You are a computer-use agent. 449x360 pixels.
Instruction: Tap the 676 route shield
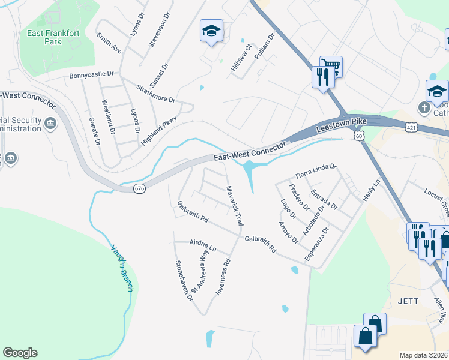139,188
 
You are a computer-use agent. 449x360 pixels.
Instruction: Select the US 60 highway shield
358,137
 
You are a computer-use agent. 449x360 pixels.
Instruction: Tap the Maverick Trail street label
234,205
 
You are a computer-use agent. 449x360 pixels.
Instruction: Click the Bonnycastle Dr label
91,74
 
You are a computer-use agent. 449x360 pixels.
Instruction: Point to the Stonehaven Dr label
183,280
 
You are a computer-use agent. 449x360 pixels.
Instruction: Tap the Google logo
20,353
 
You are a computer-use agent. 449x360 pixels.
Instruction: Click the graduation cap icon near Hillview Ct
211,31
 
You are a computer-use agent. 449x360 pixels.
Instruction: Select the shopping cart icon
331,66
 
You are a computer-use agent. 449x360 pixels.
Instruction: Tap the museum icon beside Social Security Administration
50,125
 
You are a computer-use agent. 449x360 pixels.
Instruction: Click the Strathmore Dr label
155,93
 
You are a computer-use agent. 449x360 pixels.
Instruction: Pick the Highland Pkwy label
160,130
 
